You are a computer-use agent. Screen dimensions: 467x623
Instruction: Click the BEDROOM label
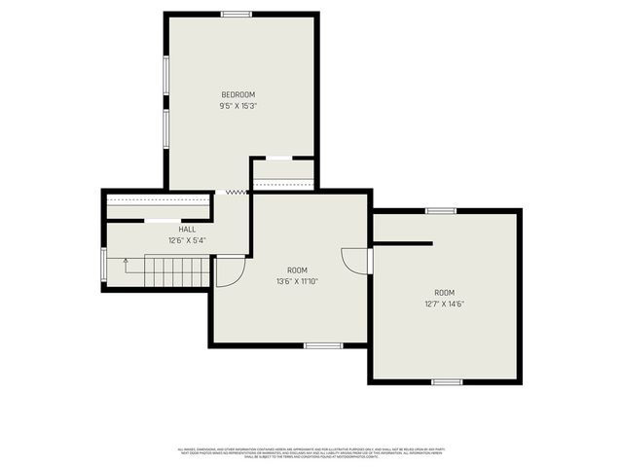(x=238, y=94)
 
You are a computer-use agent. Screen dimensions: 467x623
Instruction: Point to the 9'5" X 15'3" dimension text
(x=238, y=105)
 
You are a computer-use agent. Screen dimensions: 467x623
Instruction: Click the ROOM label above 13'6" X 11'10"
(x=297, y=269)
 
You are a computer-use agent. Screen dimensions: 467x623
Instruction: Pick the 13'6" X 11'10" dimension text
(x=297, y=281)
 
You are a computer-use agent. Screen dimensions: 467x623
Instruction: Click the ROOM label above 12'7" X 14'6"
(x=444, y=293)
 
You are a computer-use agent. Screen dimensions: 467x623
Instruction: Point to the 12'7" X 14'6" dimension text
(x=444, y=305)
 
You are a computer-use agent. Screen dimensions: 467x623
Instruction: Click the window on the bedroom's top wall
(x=237, y=14)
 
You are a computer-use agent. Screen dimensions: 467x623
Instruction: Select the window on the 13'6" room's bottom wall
(x=323, y=345)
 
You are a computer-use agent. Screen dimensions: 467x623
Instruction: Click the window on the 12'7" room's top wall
(x=441, y=210)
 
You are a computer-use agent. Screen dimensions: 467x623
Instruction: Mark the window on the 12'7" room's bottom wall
(x=447, y=382)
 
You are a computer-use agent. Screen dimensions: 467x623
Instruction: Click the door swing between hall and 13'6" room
(x=229, y=270)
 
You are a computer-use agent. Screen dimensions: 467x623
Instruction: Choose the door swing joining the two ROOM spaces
(x=356, y=261)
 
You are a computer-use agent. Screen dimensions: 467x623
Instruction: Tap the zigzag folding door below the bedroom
(x=234, y=193)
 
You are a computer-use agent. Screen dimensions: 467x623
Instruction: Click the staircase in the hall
(x=165, y=271)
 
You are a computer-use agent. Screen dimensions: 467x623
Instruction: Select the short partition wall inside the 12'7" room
(x=402, y=243)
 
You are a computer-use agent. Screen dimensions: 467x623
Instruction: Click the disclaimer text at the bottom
(x=311, y=453)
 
